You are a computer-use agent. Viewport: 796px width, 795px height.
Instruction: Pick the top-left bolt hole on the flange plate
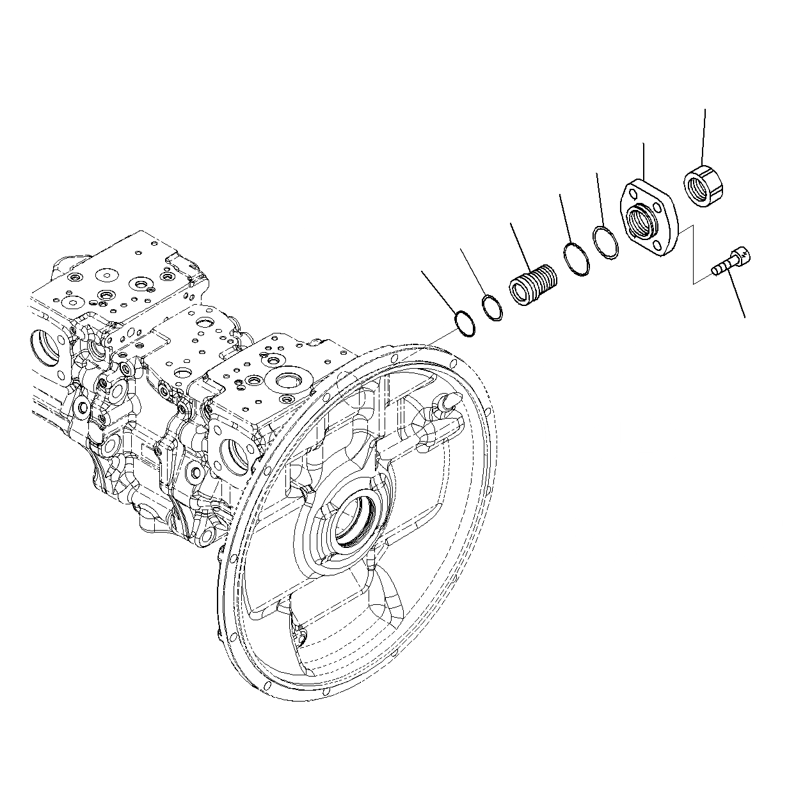(632, 193)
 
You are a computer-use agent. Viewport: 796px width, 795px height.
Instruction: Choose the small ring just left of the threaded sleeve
(492, 307)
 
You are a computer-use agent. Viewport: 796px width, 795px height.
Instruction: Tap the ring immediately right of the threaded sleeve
(577, 261)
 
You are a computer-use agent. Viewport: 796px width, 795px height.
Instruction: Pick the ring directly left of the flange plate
(605, 243)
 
